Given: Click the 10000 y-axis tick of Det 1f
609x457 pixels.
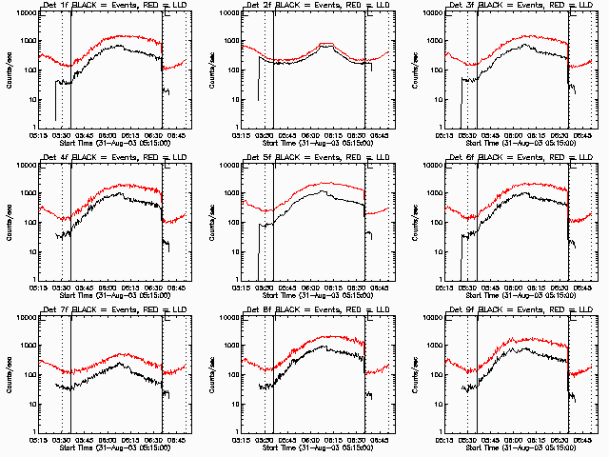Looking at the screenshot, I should point(19,13).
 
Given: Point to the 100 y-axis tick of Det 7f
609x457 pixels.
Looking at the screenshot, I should point(23,375).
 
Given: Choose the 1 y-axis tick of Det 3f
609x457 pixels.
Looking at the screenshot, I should point(441,128).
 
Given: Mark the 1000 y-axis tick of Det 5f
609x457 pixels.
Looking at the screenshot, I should point(227,194).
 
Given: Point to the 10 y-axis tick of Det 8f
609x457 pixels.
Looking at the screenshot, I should point(232,405).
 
